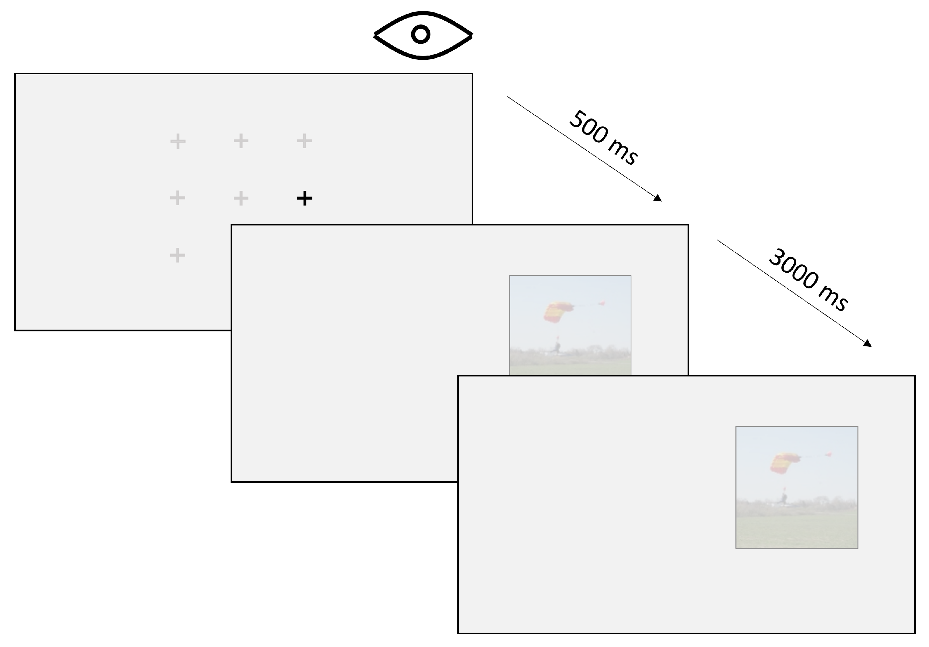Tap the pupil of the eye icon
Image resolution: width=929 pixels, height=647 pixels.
click(421, 34)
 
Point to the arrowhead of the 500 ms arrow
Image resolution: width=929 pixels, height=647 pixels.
click(658, 199)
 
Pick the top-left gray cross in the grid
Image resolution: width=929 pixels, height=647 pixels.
click(177, 141)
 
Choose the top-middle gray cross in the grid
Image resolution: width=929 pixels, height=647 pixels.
click(241, 141)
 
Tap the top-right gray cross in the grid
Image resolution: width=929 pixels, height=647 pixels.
click(304, 141)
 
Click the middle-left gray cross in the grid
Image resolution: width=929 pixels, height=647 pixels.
click(177, 198)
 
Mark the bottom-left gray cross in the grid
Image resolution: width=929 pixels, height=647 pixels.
click(177, 255)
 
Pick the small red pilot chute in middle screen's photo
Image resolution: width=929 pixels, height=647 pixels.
click(602, 302)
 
